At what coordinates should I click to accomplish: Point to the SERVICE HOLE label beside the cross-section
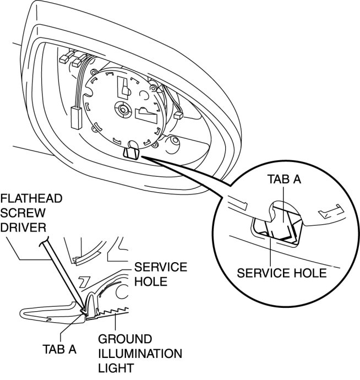(x=161, y=274)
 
